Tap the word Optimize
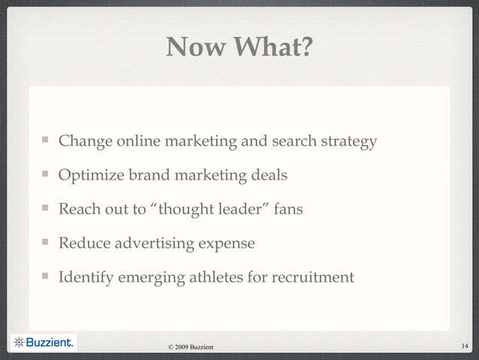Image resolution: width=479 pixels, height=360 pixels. pos(90,176)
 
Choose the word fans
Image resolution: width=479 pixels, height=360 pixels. pos(289,210)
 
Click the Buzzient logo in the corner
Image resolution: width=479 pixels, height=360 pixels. pos(44,343)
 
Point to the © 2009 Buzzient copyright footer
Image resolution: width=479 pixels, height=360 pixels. pos(191,346)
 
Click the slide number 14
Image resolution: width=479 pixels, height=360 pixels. pos(465,346)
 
